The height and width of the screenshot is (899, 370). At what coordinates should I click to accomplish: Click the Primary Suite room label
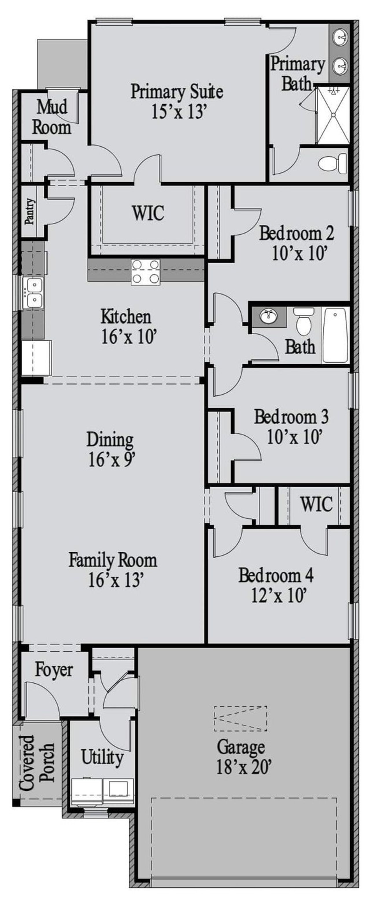(177, 92)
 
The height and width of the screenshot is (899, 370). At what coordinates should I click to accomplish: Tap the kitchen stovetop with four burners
(145, 272)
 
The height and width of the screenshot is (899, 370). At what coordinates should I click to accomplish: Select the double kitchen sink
(33, 293)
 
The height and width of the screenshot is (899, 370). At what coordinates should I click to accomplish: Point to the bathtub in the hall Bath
(335, 335)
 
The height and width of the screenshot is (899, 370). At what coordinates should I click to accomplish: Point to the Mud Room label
(52, 117)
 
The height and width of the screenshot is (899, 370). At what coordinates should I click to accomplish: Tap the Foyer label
(54, 670)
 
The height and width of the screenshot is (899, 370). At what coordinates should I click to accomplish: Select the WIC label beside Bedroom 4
(316, 504)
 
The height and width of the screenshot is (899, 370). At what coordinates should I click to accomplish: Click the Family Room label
(112, 560)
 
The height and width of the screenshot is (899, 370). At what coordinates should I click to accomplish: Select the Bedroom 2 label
(296, 234)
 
